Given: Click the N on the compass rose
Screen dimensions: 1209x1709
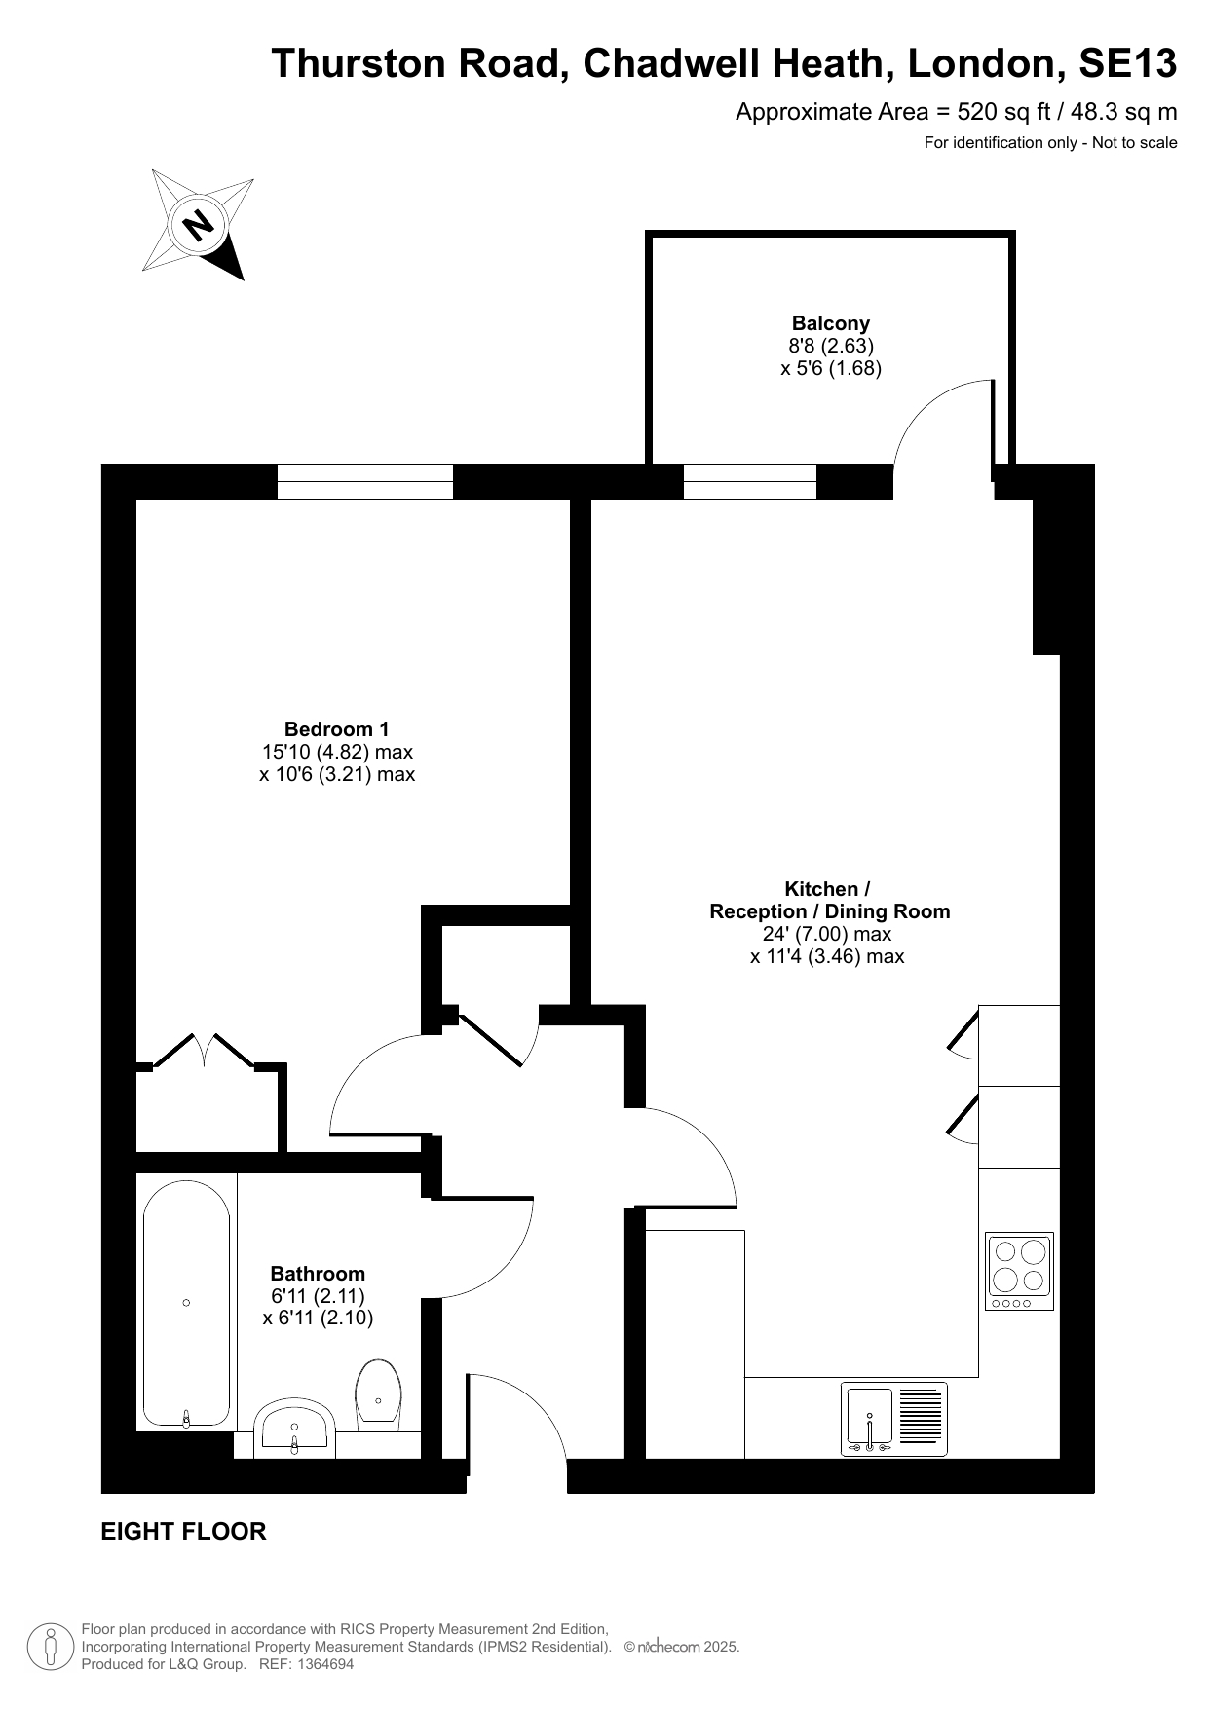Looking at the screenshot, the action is tap(199, 226).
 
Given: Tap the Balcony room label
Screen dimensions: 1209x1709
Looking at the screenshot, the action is tap(830, 323).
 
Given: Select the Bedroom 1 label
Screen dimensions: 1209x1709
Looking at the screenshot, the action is tap(336, 729).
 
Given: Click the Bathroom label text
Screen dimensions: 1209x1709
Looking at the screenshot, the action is tap(318, 1274).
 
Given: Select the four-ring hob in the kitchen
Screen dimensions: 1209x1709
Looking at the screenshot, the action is tap(1019, 1272).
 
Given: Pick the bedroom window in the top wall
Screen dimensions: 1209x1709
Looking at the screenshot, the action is tap(365, 482).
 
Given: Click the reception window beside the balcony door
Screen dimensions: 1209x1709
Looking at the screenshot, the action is tap(749, 482).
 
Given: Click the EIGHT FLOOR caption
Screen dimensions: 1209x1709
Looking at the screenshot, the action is tap(183, 1532).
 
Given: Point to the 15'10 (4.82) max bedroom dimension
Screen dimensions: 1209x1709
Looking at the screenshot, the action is tap(337, 752).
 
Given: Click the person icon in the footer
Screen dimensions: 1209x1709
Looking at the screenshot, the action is tap(51, 1647).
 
